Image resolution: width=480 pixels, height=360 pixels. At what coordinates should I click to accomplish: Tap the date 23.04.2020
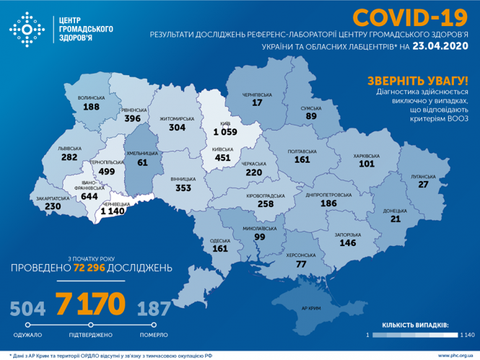tap(441, 46)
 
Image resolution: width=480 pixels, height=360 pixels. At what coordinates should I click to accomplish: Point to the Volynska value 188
tap(91, 107)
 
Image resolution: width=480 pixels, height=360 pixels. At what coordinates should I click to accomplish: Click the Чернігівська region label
tap(256, 93)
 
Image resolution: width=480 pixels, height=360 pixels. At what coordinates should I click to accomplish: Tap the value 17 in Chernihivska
tap(256, 103)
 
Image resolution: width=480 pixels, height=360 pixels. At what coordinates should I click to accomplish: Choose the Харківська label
tap(367, 155)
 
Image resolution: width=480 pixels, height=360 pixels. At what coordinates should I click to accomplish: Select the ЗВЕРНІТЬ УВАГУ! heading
tap(417, 80)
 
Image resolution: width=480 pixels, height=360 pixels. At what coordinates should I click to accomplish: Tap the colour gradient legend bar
tap(416, 335)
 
